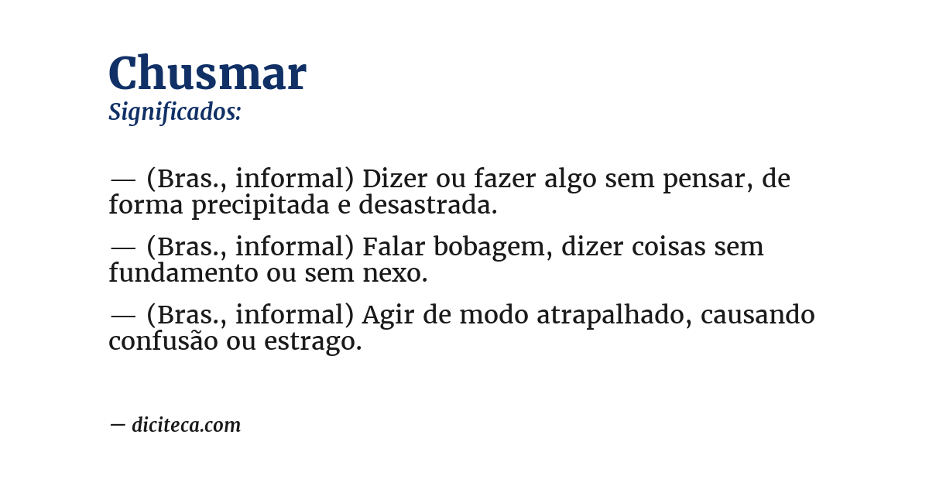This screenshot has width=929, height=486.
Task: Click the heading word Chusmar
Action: pos(207,74)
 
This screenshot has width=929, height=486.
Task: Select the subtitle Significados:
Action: pos(175,112)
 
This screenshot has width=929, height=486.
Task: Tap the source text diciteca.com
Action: pos(186,425)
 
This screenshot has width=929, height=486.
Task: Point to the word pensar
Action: pos(708,179)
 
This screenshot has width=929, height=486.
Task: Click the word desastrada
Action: pos(428,206)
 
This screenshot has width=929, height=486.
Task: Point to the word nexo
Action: pos(398,274)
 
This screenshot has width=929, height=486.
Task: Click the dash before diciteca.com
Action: pos(118,425)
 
